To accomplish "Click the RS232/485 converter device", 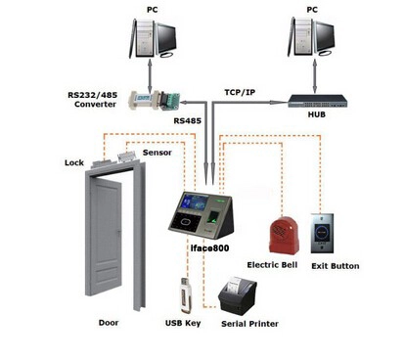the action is click(x=154, y=100).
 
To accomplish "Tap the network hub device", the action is click(x=317, y=101).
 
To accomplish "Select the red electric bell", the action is click(x=284, y=235).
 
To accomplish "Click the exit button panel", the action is click(x=322, y=233).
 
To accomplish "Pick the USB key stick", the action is click(x=185, y=295).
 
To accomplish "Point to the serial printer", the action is click(x=238, y=295).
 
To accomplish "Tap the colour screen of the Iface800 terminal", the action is click(x=195, y=202).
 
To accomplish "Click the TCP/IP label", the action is click(x=240, y=92).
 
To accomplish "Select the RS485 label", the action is click(x=187, y=121).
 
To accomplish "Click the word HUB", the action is click(x=317, y=114).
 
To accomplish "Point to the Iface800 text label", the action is click(x=209, y=248).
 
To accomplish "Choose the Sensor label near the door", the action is click(x=157, y=153).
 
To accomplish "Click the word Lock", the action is click(x=74, y=162).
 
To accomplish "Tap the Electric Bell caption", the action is click(x=272, y=265).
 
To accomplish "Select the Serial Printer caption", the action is click(x=249, y=324).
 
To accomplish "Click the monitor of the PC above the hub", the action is click(x=326, y=36).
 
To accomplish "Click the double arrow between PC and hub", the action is click(x=315, y=76).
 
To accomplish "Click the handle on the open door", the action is click(x=119, y=234).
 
